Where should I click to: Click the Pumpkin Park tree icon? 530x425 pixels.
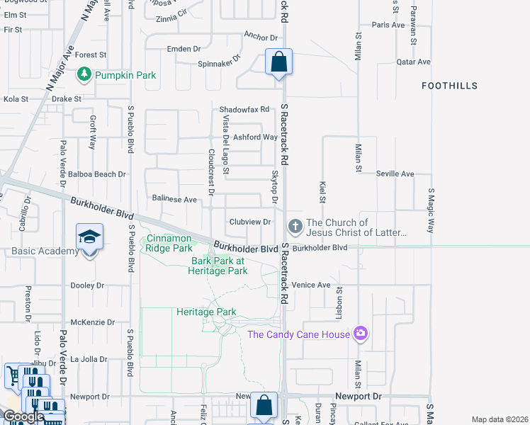(x=85, y=74)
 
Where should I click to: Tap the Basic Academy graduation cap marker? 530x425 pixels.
(x=90, y=237)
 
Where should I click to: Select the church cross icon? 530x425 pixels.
(x=295, y=227)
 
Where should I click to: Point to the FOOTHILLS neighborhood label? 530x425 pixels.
(x=449, y=86)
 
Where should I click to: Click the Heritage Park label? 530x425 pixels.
(x=206, y=312)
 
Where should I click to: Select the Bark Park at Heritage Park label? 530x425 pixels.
(x=219, y=266)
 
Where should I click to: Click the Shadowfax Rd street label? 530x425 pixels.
(x=244, y=110)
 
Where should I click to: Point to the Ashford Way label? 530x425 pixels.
(x=256, y=137)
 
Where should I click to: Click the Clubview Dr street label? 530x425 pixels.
(x=250, y=222)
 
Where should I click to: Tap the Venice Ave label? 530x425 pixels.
(x=311, y=285)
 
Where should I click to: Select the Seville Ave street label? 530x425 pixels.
(x=395, y=174)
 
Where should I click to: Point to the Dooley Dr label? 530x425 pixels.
(x=88, y=285)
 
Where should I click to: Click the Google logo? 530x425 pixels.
(x=23, y=416)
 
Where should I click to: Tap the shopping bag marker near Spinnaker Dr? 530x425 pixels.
(x=279, y=61)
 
